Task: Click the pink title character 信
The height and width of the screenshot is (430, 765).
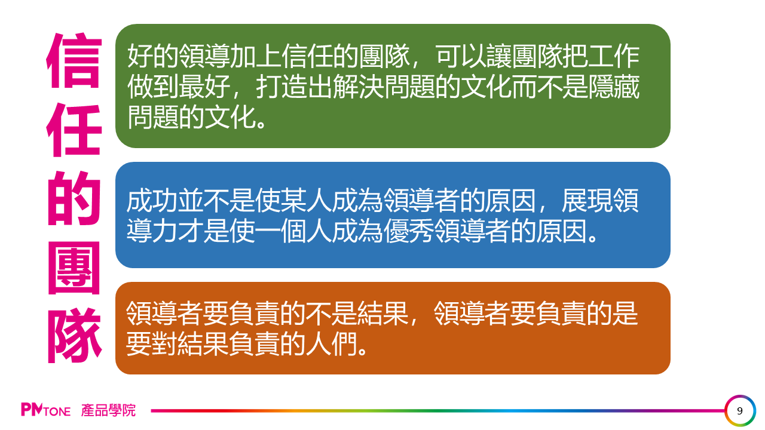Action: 74,60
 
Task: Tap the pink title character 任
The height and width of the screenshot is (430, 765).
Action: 74,130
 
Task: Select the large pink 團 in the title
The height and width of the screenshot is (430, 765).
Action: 74,268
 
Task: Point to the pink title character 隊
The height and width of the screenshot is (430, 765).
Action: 74,336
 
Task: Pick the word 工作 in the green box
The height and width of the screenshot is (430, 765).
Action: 614,56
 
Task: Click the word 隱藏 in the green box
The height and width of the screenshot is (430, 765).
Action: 614,87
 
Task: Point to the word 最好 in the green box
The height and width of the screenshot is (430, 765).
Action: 204,87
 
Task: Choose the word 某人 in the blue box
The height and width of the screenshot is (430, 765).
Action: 307,201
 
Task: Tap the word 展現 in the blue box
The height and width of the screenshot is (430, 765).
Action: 587,201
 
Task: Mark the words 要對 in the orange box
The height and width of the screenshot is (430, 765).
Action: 152,343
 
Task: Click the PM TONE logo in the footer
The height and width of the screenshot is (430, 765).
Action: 46,410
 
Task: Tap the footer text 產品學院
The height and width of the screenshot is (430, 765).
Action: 108,410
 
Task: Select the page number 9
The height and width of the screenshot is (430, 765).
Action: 740,411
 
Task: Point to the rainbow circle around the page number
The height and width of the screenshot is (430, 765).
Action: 740,396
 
